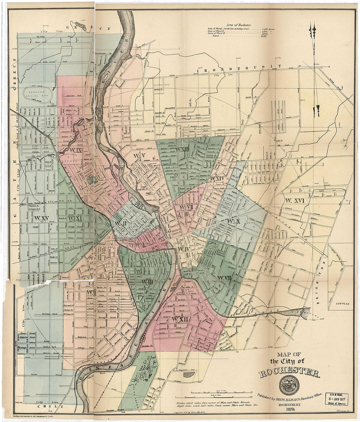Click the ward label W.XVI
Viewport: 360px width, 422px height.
294,200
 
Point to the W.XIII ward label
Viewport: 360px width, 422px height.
182,149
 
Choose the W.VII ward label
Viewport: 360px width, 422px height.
224,278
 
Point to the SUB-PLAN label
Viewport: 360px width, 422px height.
342,303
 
